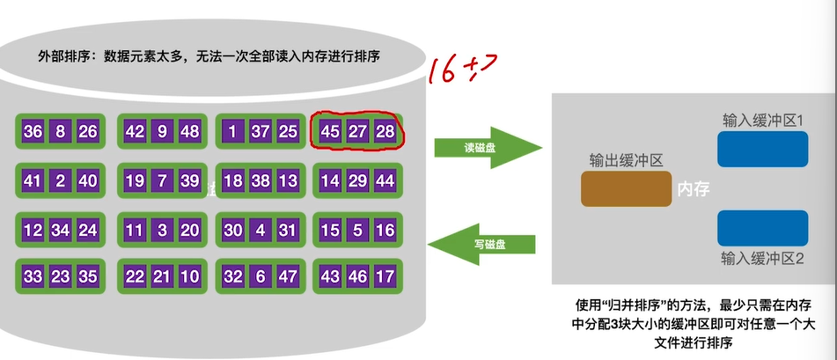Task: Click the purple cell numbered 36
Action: (x=33, y=132)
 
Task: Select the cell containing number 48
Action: (x=188, y=132)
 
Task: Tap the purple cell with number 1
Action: (x=233, y=132)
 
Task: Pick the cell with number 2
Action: (x=61, y=181)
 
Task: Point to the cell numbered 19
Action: (x=135, y=181)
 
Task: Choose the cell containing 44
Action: (x=384, y=181)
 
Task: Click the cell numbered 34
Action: (x=61, y=231)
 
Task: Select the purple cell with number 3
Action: (x=161, y=231)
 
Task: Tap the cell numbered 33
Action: (x=33, y=276)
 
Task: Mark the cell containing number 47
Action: (x=287, y=276)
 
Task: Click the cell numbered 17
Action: (x=384, y=276)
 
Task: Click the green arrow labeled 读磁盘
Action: (x=485, y=148)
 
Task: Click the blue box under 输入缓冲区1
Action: (x=763, y=150)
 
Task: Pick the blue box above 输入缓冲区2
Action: (x=763, y=227)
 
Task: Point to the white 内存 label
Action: (x=693, y=188)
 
